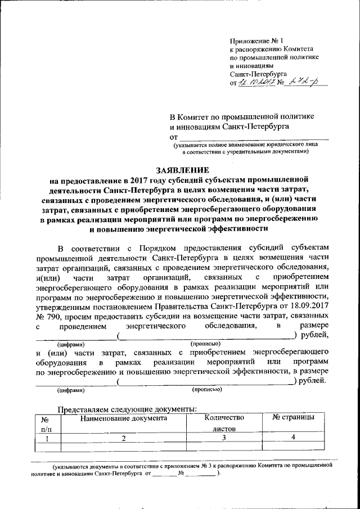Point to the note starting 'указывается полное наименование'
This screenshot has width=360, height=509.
coord(245,145)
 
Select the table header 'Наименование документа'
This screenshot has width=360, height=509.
coord(124,418)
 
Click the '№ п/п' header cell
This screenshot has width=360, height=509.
coord(47,424)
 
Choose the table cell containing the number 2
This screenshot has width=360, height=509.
coord(123,438)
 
